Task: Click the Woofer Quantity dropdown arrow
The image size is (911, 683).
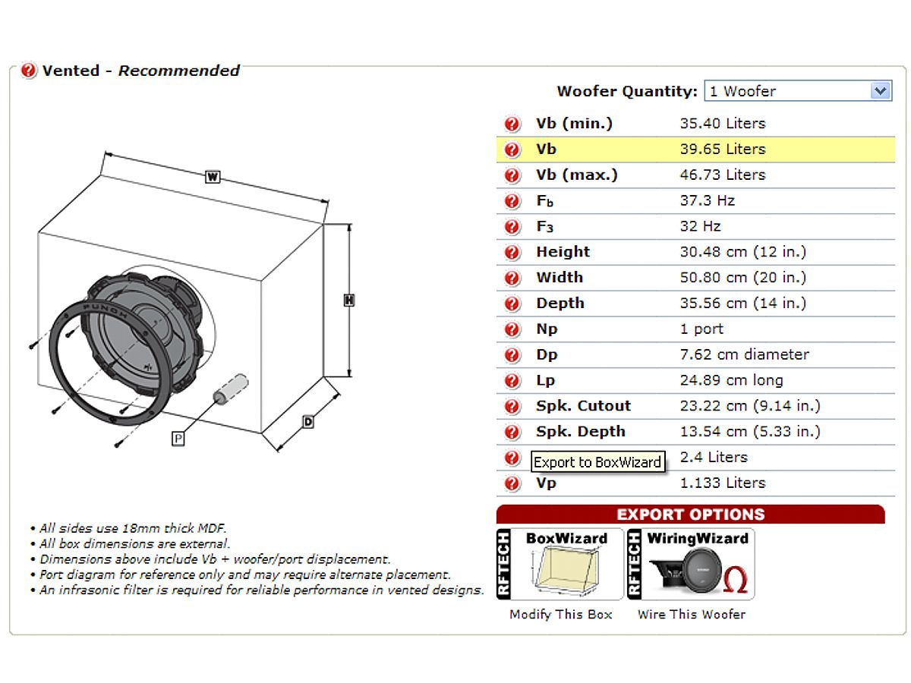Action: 880,91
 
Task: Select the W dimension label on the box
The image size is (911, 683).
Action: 213,177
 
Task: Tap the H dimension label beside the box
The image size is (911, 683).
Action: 349,301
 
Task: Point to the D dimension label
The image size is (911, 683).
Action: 308,422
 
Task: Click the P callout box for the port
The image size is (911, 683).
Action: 178,439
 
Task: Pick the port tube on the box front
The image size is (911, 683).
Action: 231,389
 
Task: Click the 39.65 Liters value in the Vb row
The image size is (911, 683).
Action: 723,150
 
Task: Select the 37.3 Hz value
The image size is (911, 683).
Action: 708,200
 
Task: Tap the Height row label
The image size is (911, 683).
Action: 563,252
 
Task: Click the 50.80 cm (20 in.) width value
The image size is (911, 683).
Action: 743,278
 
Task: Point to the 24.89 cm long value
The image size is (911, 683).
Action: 731,380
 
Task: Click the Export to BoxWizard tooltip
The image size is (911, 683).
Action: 597,461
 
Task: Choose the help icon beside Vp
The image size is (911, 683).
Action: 512,483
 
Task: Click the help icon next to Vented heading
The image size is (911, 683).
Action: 29,71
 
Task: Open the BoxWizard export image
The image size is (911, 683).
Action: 560,564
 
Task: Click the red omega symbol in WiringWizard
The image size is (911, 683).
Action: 736,579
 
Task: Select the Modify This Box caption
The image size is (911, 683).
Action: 561,615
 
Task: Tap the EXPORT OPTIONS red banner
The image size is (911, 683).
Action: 691,515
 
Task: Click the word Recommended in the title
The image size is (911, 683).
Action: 179,71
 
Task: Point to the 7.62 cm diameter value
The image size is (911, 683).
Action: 744,354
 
